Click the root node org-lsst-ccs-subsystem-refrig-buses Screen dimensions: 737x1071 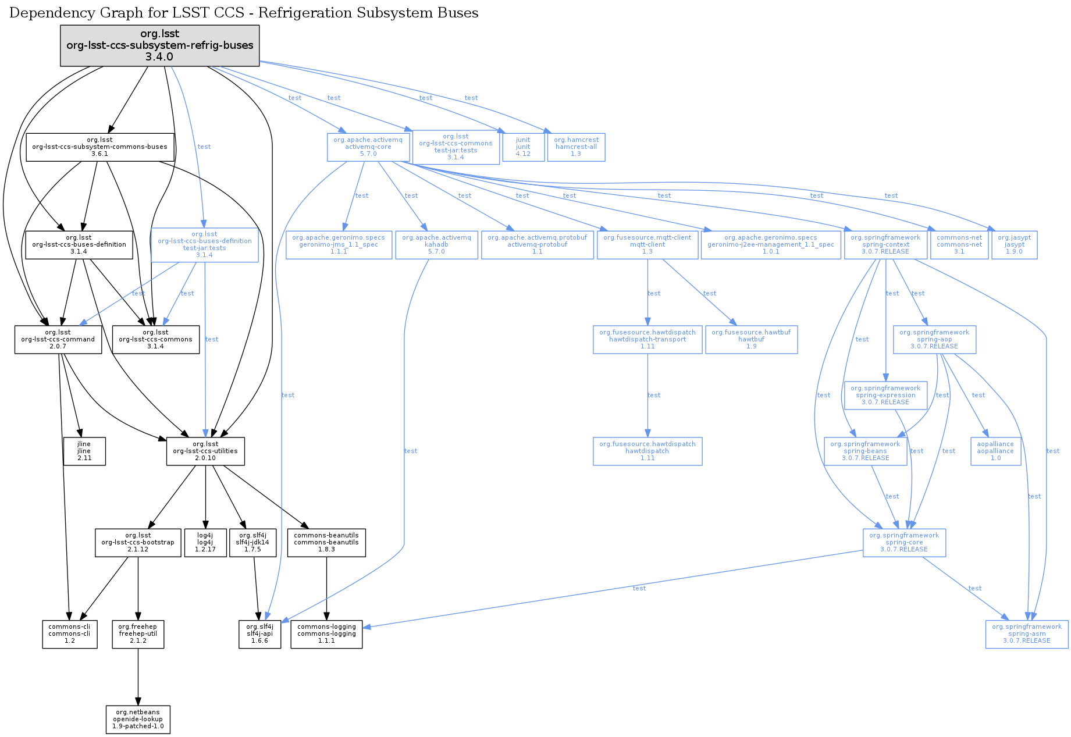[x=160, y=45]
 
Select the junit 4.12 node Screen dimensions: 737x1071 [x=523, y=147]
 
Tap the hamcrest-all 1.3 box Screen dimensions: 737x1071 [x=576, y=147]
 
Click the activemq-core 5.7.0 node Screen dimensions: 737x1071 [x=368, y=147]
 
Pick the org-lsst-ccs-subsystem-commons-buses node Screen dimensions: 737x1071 [x=99, y=147]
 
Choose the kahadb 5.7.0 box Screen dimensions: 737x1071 [x=436, y=245]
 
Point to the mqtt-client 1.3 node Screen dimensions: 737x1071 [x=647, y=245]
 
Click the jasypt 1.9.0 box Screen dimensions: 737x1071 [x=1014, y=245]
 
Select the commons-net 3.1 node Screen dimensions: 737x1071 [x=959, y=245]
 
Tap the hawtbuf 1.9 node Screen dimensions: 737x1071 [x=751, y=340]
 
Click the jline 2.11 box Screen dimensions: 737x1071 [x=84, y=451]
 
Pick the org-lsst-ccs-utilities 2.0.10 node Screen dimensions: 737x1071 [x=205, y=451]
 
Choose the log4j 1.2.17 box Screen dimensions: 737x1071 [x=205, y=543]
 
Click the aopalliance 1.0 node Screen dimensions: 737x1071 [x=995, y=451]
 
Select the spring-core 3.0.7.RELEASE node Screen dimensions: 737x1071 [x=904, y=543]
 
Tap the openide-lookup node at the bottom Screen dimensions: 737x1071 [x=138, y=720]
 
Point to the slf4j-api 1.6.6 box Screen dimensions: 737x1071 [x=259, y=634]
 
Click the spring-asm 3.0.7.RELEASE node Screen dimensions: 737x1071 [x=1027, y=634]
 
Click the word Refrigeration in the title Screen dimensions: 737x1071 [x=308, y=13]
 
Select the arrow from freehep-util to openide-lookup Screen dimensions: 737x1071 [x=138, y=677]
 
